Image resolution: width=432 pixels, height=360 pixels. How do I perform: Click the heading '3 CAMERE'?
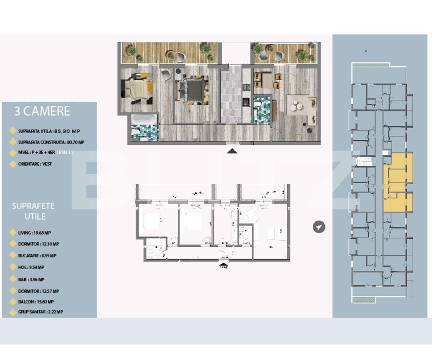(42, 111)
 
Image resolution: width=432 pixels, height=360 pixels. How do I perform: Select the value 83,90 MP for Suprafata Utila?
(67, 131)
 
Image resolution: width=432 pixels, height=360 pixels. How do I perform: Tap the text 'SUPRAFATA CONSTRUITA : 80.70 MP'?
(51, 142)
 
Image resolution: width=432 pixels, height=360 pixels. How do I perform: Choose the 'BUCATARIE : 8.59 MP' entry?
(37, 256)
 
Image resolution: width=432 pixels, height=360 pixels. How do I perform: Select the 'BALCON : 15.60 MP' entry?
(36, 302)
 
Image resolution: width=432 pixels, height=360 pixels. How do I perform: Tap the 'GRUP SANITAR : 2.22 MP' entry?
(40, 312)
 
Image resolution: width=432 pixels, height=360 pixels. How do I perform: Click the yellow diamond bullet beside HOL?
(13, 268)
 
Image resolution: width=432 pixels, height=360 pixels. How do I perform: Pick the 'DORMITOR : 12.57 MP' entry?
(38, 291)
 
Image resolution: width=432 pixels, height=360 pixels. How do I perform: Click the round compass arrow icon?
(319, 227)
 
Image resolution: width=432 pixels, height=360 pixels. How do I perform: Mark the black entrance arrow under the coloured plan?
(232, 151)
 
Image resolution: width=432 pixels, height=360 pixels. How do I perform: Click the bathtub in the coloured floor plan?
(144, 120)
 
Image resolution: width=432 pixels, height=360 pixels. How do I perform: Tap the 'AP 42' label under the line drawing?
(224, 267)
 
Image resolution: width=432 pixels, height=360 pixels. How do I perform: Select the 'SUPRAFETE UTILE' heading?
(33, 211)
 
